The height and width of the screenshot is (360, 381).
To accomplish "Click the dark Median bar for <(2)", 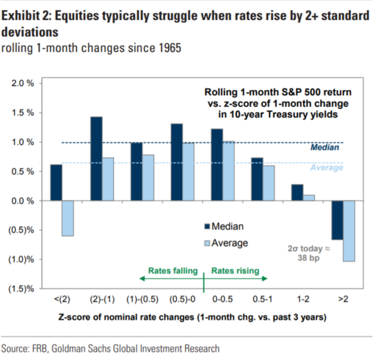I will click(x=56, y=183).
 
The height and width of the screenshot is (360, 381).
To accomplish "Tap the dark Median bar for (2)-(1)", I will click(x=96, y=159).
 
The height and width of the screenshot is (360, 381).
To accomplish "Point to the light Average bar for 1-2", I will click(x=309, y=198).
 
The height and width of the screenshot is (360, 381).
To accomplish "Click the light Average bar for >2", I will click(x=349, y=231).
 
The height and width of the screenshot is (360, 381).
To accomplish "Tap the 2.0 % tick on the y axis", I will click(x=23, y=83).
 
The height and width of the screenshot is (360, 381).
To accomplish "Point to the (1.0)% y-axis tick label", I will click(x=21, y=260).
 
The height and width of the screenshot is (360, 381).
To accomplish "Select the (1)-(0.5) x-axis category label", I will click(x=143, y=300).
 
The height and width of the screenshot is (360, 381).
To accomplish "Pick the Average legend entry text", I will click(x=230, y=243).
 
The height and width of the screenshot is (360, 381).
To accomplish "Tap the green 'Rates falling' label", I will click(x=173, y=271).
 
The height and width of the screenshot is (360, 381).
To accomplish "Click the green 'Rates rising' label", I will click(x=235, y=271).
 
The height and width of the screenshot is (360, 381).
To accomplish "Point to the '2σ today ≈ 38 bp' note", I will click(x=305, y=253).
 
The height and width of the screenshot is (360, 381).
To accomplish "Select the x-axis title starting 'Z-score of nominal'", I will click(x=190, y=318).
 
